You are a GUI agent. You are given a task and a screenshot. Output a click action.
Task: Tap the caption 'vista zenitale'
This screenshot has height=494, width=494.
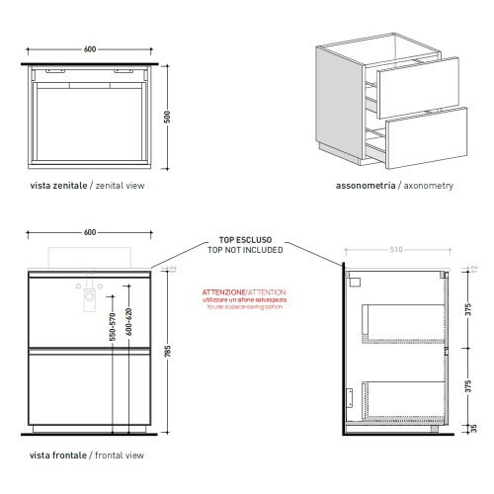56,185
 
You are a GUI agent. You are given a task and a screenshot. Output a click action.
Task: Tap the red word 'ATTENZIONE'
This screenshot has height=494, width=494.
223,293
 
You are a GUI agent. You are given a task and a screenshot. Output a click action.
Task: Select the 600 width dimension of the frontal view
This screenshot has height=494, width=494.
89,232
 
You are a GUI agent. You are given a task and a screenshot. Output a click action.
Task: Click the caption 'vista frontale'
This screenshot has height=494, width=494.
56,455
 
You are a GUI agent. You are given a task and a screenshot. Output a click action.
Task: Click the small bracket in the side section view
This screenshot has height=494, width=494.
350,395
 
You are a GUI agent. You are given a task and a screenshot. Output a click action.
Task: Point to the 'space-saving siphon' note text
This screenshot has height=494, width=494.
244,307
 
